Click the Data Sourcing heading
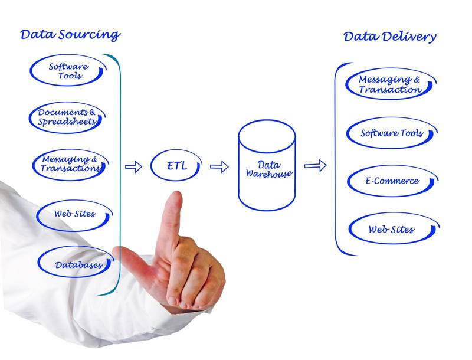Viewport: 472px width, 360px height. (70, 34)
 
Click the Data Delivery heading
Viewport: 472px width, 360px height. (389, 37)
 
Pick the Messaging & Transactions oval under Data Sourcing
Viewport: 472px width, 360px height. (70, 164)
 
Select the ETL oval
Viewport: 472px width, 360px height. (176, 166)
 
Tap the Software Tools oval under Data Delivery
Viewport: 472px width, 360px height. (392, 133)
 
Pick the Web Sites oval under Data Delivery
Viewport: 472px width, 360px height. (392, 229)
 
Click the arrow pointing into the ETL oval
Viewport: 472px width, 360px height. (134, 166)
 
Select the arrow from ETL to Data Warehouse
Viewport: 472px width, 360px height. (219, 166)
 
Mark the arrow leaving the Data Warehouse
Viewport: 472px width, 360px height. (315, 165)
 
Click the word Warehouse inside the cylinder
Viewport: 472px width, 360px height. (268, 174)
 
